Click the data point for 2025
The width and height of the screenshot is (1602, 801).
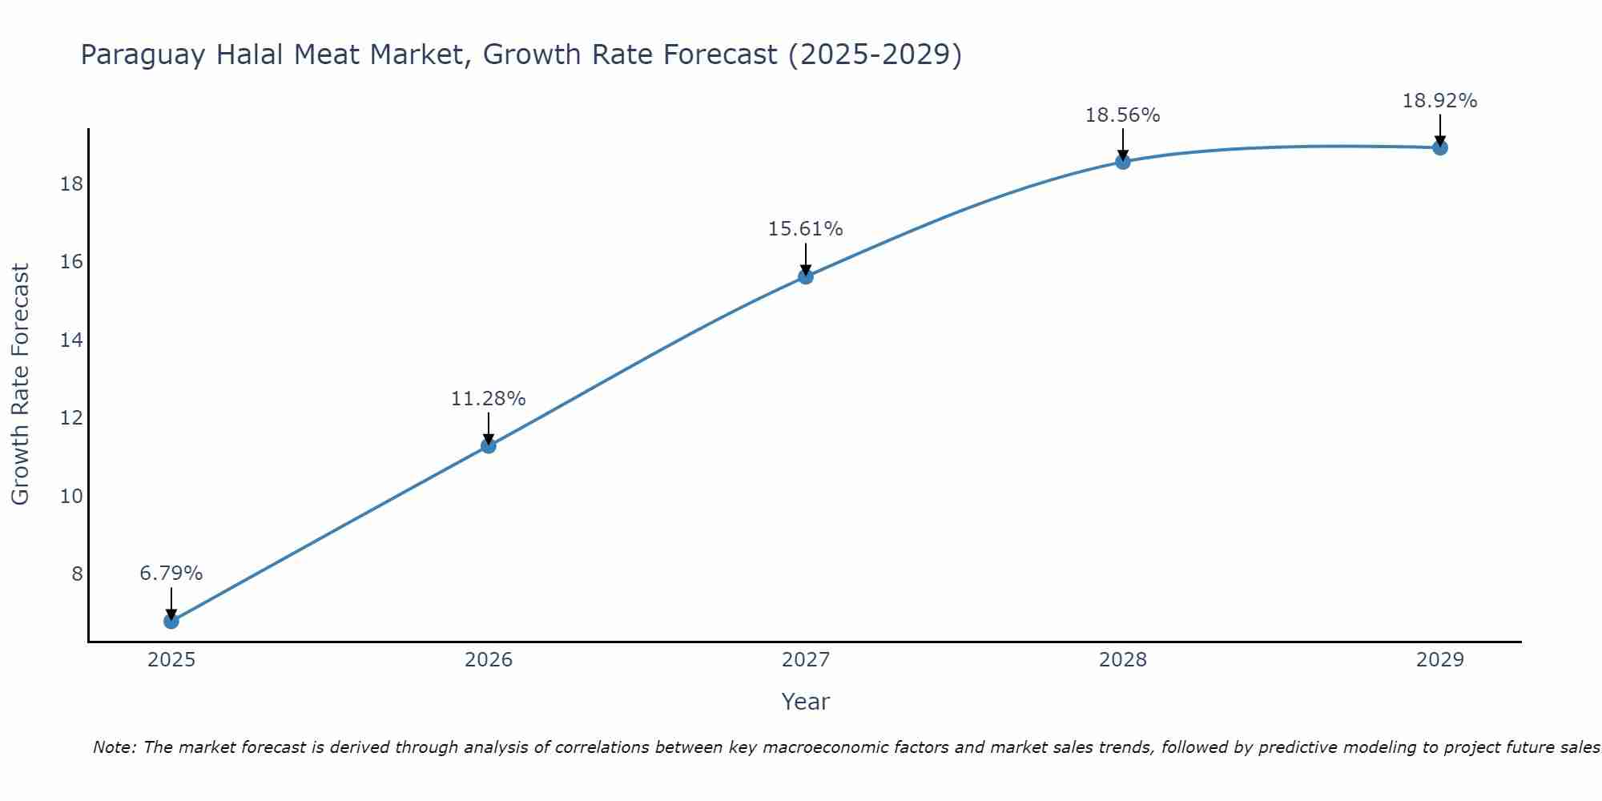click(171, 621)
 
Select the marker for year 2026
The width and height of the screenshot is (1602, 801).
click(489, 445)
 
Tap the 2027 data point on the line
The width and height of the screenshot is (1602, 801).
click(806, 276)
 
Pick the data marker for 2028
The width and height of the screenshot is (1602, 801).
click(1123, 162)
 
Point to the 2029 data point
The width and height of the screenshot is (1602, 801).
click(1440, 147)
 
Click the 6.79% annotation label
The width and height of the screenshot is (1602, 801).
click(171, 574)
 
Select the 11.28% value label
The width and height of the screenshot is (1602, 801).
click(489, 399)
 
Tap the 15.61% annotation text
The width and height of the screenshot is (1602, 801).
click(806, 229)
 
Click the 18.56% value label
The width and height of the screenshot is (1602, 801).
click(1123, 115)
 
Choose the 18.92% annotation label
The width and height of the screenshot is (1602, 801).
click(1440, 101)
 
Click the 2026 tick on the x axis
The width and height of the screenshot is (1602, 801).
click(489, 660)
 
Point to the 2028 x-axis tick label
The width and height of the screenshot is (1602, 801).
click(1123, 660)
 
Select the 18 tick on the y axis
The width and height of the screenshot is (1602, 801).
click(71, 184)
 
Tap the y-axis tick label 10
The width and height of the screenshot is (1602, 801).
click(71, 496)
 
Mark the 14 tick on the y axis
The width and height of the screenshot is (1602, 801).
click(71, 340)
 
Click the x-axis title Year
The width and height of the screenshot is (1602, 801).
click(806, 702)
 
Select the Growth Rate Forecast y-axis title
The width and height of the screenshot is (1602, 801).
click(20, 384)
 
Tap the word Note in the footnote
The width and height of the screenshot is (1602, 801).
click(116, 747)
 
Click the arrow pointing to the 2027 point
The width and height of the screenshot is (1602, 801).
click(806, 260)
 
